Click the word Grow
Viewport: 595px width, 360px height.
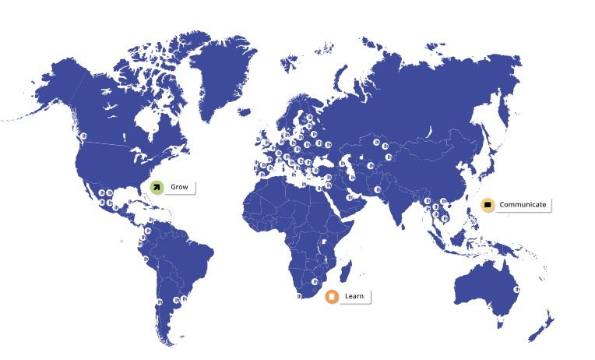pyautogui.click(x=179, y=187)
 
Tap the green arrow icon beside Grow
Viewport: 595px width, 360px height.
pyautogui.click(x=157, y=187)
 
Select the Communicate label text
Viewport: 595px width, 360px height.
pyautogui.click(x=523, y=205)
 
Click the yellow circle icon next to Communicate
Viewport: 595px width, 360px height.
pyautogui.click(x=488, y=205)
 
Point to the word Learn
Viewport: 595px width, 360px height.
pyautogui.click(x=354, y=296)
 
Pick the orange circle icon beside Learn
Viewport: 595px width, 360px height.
pyautogui.click(x=331, y=296)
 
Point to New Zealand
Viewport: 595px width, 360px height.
pyautogui.click(x=547, y=323)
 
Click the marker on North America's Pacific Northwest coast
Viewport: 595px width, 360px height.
pyautogui.click(x=83, y=137)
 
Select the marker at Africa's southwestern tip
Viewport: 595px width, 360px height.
pyautogui.click(x=299, y=295)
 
